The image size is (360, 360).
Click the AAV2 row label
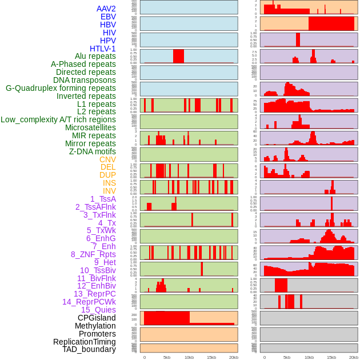click(x=106, y=9)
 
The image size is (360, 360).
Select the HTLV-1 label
click(x=102, y=49)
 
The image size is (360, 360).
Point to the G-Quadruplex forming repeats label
click(x=61, y=88)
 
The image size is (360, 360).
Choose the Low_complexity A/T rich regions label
click(x=58, y=119)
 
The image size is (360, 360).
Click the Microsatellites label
click(x=90, y=127)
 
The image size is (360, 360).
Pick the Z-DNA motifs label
click(x=92, y=151)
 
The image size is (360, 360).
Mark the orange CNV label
click(x=107, y=159)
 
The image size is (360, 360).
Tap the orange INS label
click(x=109, y=183)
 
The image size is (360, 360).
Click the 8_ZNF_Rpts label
click(x=93, y=254)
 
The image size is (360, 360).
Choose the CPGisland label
click(x=97, y=318)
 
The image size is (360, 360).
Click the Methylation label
click(x=95, y=326)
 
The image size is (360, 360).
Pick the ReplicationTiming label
click(x=84, y=342)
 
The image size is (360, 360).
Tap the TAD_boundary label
click(x=89, y=349)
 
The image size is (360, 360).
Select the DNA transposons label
click(x=85, y=80)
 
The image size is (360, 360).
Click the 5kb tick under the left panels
click(x=167, y=357)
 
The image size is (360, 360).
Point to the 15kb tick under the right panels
click(x=331, y=357)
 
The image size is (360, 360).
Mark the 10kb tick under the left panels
click(x=189, y=357)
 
